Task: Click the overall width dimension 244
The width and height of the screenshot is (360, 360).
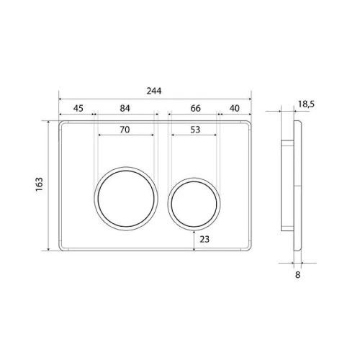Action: point(154,91)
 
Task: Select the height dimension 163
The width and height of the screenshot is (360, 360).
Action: point(39,184)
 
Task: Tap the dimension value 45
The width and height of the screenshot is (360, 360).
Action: point(78,109)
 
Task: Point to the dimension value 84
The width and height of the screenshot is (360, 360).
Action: point(125,109)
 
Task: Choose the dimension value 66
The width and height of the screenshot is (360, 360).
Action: point(195,109)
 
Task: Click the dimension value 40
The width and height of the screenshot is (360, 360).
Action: point(234,109)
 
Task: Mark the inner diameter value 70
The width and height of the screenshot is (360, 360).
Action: point(125,130)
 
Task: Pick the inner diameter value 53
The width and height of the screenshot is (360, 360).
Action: point(195,130)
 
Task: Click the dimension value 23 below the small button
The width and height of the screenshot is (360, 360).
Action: point(204,239)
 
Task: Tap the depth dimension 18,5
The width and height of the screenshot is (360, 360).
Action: point(306,104)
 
